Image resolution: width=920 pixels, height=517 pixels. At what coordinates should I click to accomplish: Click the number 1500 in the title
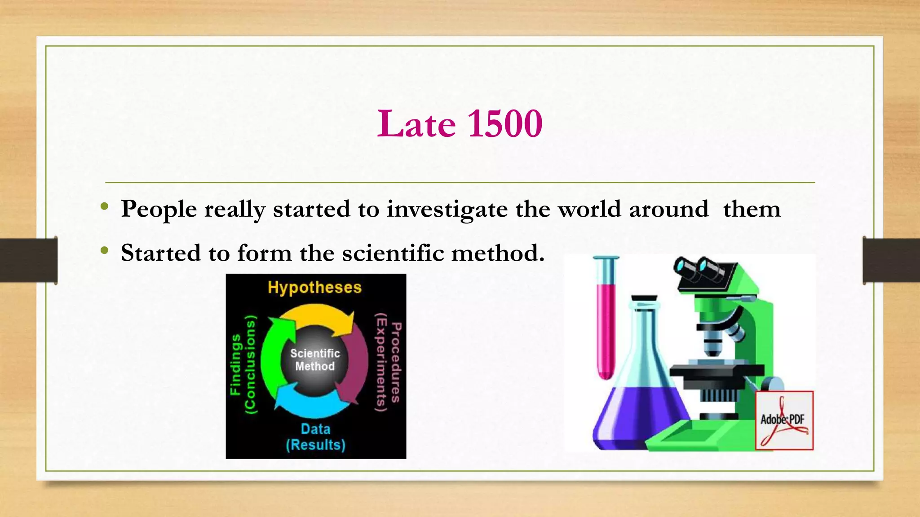point(505,124)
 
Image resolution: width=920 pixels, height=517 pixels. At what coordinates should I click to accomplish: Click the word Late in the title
point(416,124)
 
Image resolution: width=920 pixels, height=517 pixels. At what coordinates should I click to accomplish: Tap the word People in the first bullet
point(159,210)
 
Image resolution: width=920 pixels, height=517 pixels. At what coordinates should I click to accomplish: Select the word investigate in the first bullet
point(447,210)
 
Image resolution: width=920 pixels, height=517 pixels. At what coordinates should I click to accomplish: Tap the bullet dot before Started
point(105,251)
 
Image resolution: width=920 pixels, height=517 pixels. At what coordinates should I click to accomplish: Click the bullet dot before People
point(105,207)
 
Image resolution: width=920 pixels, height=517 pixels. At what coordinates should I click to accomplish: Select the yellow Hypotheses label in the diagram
point(314,288)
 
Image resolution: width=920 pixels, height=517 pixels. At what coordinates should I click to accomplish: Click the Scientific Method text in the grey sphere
point(315,360)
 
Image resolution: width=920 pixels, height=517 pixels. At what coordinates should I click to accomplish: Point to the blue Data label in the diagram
point(315,429)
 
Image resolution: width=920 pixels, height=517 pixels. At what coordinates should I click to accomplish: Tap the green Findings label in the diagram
point(235,364)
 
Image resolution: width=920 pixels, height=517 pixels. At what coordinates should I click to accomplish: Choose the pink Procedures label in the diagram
point(396,363)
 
